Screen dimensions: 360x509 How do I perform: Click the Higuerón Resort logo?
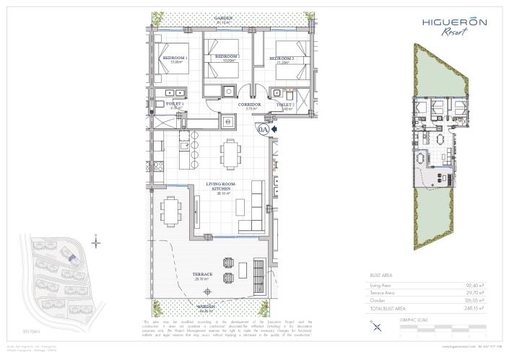point(453,26)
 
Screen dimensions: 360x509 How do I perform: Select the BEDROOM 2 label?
point(228,57)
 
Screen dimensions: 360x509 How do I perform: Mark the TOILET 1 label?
point(174,105)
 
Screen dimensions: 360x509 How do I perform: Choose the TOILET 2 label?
point(284,105)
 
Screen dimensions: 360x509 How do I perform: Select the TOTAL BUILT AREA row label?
point(392,308)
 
